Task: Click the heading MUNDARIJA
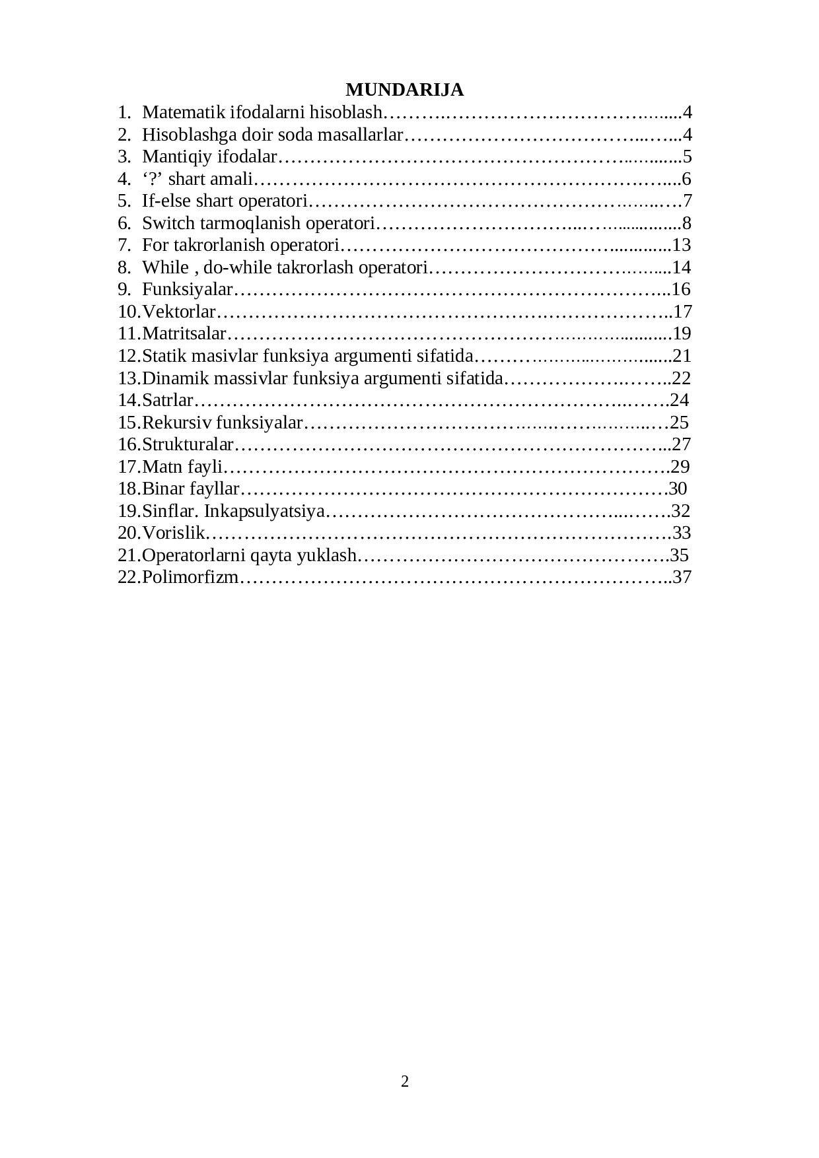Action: (404, 90)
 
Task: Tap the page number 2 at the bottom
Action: (405, 1081)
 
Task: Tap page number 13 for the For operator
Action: (681, 245)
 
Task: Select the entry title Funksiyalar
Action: (188, 289)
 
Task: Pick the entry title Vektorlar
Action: (179, 312)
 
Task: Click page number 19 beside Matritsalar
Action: (682, 333)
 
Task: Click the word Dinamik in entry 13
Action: (168, 378)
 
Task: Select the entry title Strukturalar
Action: (188, 444)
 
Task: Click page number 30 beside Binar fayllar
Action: (678, 489)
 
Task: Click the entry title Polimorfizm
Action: (190, 577)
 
